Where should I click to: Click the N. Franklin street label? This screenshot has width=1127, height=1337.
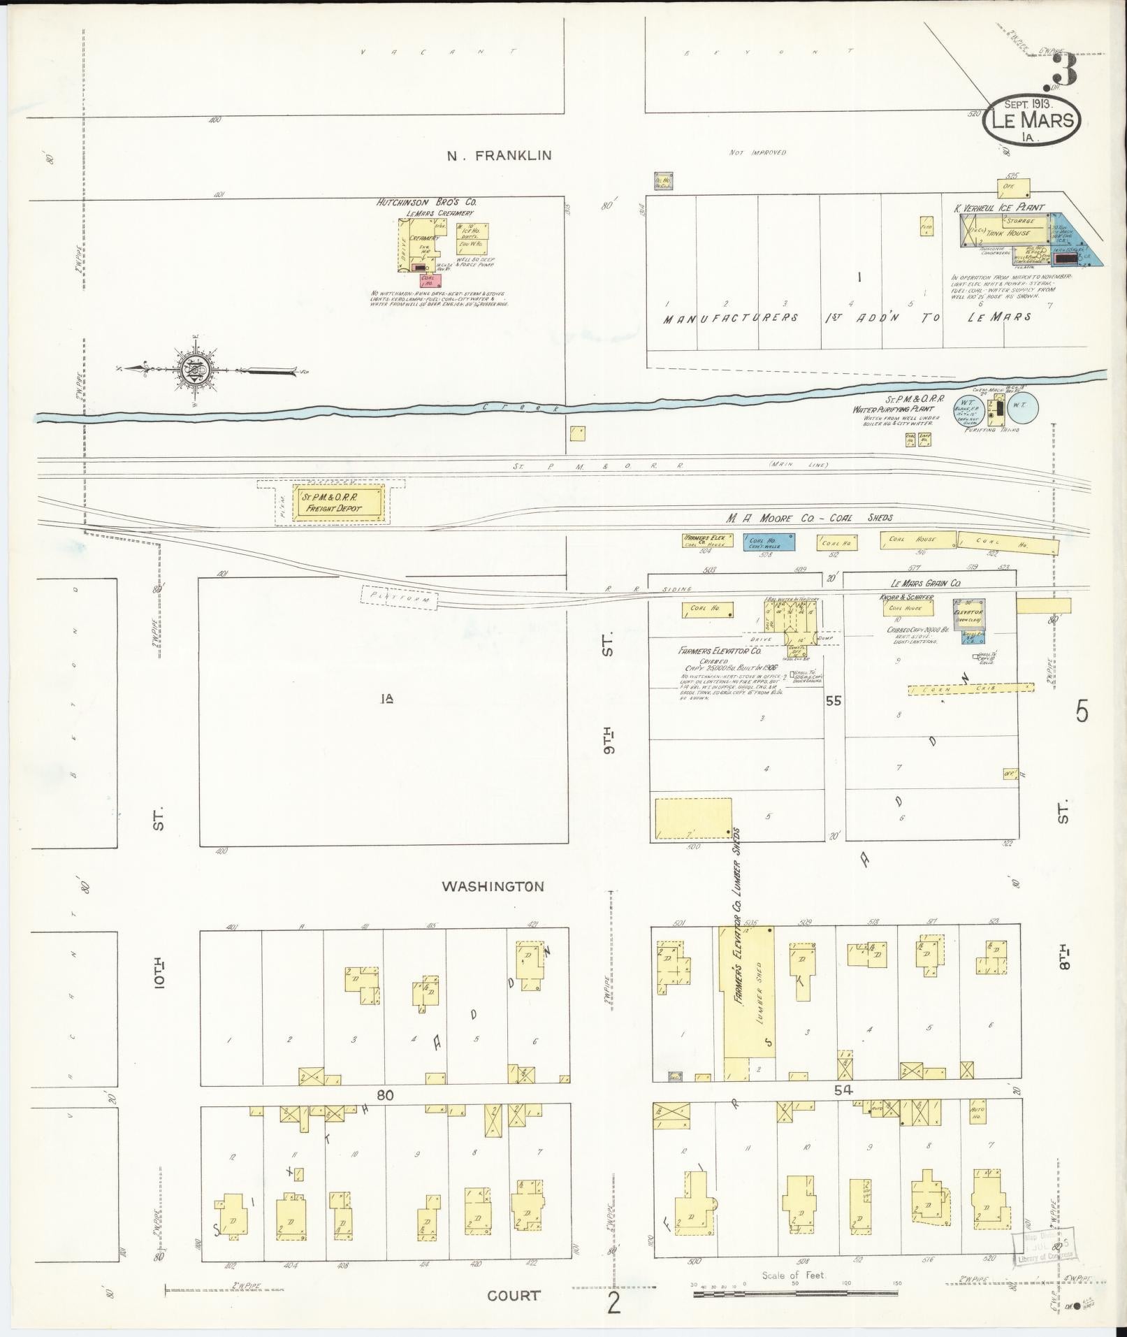coord(499,156)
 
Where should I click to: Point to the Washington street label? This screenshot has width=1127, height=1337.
coord(493,886)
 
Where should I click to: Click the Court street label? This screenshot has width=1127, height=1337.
coord(514,1295)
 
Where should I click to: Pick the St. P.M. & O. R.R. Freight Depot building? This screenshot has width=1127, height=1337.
coord(338,503)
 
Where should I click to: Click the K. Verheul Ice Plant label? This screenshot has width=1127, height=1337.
coord(999,208)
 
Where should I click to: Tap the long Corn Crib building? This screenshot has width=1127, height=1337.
coord(971,689)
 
